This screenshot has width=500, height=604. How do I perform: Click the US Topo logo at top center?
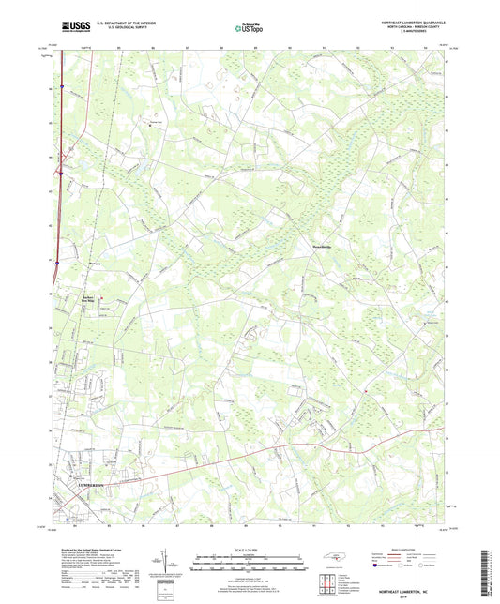click(250, 28)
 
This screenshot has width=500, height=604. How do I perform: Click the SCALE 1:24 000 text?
click(250, 550)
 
